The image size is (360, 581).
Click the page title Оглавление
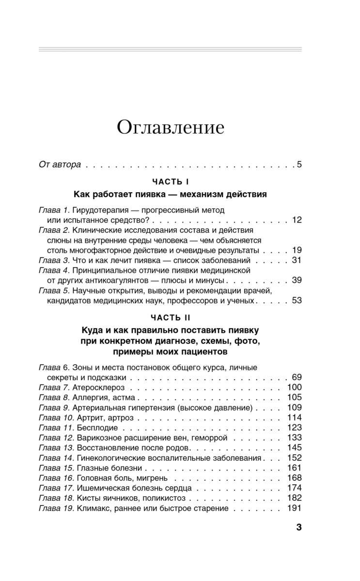[170, 127]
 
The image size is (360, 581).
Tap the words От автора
[60, 164]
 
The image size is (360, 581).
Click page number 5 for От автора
[299, 164]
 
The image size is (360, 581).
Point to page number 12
[297, 220]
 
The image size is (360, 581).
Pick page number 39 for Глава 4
[297, 280]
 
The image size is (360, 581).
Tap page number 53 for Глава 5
[297, 301]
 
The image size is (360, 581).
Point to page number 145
[294, 447]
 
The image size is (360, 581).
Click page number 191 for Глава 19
[294, 508]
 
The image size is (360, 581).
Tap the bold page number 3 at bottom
[298, 527]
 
